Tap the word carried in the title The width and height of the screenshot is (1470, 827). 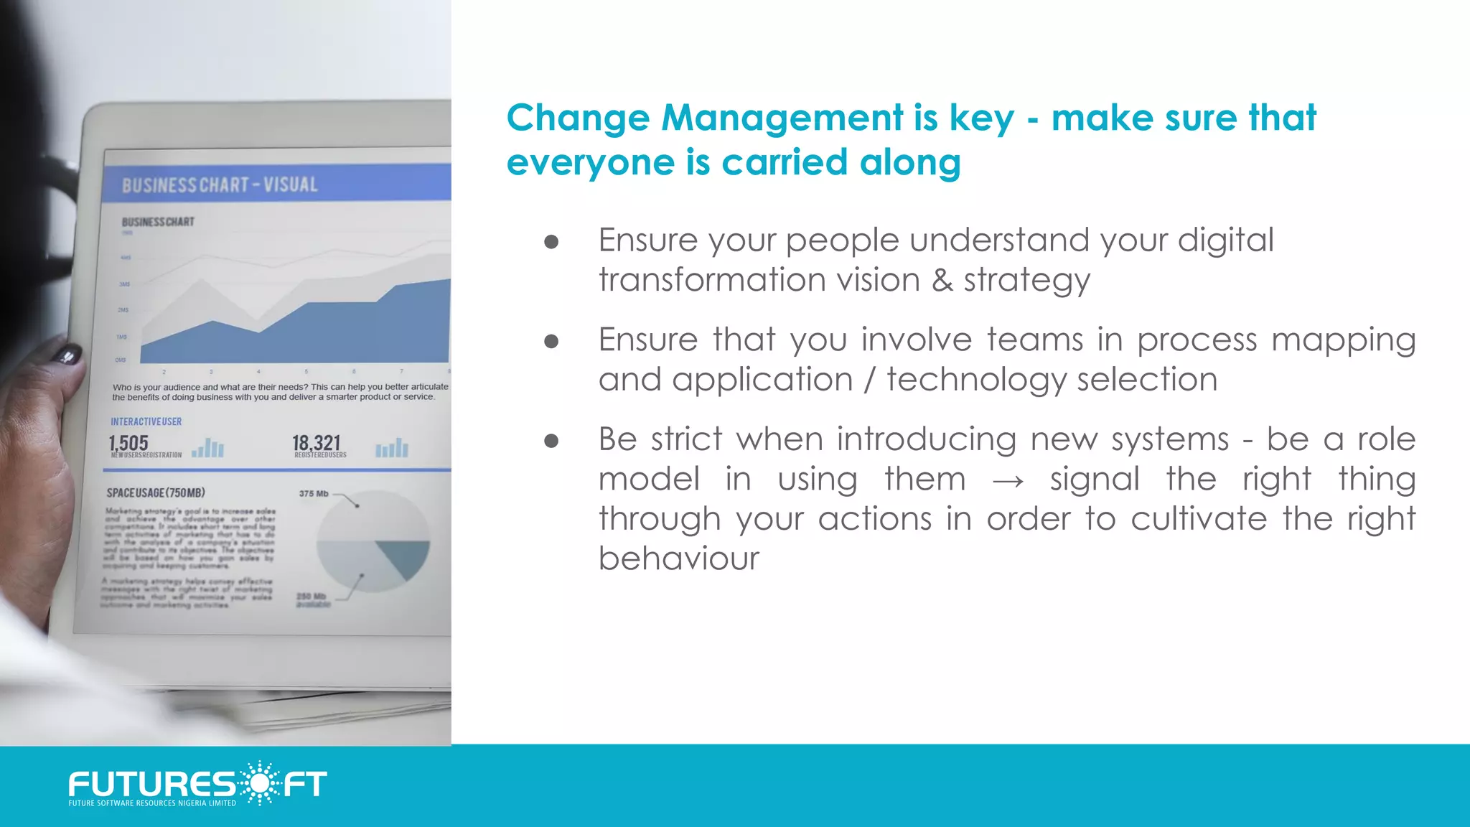pos(785,162)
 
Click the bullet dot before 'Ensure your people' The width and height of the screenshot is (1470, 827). pos(551,242)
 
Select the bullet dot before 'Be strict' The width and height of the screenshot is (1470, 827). pos(551,441)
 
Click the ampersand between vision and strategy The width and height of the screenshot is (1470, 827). pos(942,280)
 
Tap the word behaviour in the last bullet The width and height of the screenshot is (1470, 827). pos(678,559)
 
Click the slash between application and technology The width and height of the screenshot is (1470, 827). pos(870,379)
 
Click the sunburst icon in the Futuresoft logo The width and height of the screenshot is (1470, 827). pos(258,782)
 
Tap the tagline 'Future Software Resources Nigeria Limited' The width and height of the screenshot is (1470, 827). pos(152,803)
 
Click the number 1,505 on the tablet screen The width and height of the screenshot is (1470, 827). pos(129,443)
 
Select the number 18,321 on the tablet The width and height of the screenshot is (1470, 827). pos(316,443)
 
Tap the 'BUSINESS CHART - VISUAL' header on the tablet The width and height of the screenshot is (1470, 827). pos(220,185)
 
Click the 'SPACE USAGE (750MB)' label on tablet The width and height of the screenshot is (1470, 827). pos(156,492)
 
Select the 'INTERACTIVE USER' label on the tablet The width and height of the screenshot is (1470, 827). pos(146,421)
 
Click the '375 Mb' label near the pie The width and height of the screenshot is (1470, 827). pos(314,493)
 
